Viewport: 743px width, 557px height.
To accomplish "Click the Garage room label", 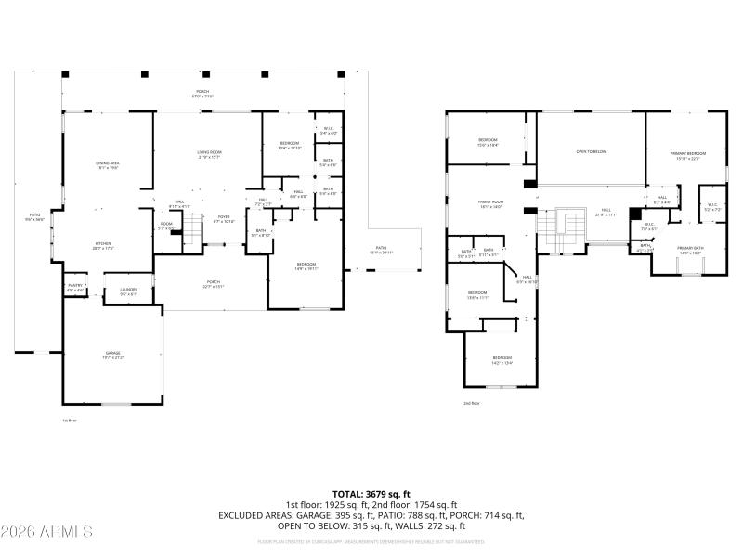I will coord(112,354).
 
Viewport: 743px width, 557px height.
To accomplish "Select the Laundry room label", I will coord(128,291).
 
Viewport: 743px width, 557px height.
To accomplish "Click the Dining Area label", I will coord(107,165).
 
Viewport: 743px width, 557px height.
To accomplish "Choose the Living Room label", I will coord(209,154).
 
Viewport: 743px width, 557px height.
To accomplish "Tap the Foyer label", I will coord(224,220).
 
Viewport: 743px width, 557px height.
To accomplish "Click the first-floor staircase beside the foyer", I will coord(190,227).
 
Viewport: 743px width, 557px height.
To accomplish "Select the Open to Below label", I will coord(592,151).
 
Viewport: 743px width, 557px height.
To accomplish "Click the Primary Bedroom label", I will coord(688,155).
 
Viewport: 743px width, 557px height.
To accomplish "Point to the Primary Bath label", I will coord(690,251).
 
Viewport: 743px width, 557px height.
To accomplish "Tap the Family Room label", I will coord(489,203).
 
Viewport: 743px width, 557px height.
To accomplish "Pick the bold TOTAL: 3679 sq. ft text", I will coord(371,494).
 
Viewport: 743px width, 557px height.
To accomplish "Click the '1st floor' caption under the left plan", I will coord(69,421).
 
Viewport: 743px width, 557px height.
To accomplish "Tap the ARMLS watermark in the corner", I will coord(46,532).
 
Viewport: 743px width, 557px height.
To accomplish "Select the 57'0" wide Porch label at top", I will coord(202,94).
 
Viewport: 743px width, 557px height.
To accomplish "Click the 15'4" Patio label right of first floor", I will coord(383,251).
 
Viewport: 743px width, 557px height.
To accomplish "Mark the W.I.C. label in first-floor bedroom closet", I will coord(328,131).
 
